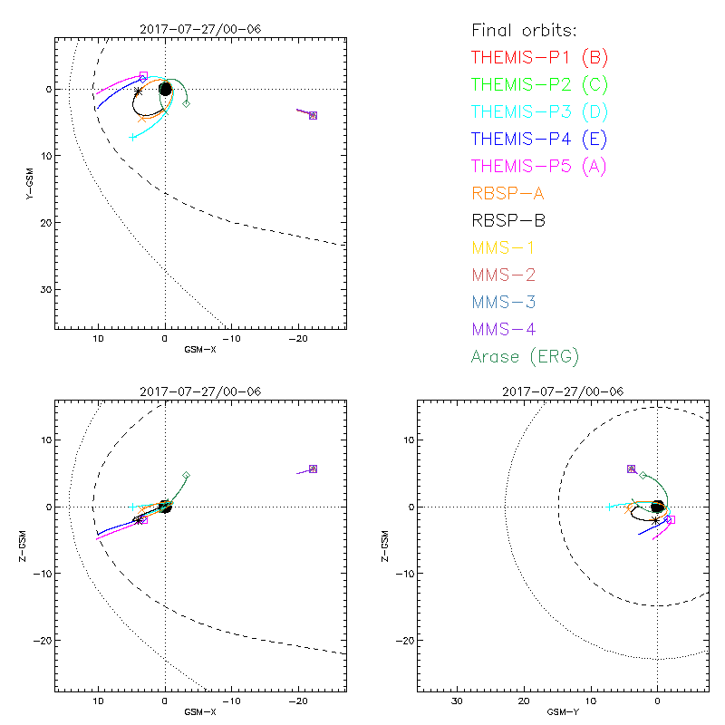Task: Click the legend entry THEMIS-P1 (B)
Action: (539, 58)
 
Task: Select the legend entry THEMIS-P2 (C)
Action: (539, 85)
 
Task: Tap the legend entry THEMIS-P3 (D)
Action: (539, 112)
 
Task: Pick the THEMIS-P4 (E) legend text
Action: (539, 140)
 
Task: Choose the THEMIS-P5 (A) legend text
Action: (539, 167)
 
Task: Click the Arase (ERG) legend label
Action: (525, 356)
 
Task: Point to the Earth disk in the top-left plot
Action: (165, 89)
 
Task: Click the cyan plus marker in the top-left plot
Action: (133, 137)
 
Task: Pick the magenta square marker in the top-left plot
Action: (143, 76)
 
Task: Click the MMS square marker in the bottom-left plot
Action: (313, 469)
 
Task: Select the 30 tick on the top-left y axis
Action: (44, 289)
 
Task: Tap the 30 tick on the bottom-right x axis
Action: (457, 701)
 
